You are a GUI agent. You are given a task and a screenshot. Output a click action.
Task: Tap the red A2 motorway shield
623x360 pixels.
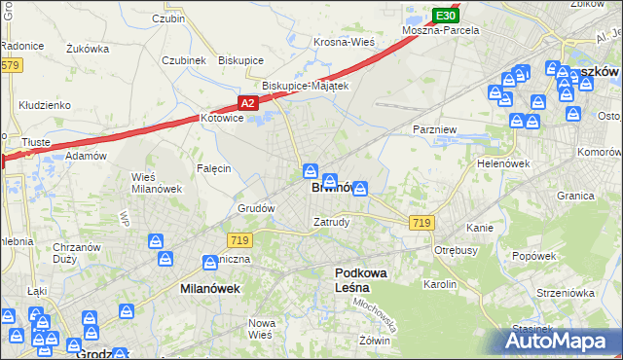(247, 102)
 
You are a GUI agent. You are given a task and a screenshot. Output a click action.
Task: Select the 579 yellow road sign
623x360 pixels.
(10, 65)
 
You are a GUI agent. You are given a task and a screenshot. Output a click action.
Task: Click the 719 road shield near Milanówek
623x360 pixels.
(240, 238)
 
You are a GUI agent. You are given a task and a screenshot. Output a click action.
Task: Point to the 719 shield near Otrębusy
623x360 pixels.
(421, 223)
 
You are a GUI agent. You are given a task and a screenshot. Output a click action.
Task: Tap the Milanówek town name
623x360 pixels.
(210, 289)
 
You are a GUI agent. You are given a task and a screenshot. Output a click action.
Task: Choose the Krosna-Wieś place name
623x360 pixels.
(344, 43)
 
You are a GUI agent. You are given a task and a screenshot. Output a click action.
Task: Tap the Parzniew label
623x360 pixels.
(431, 128)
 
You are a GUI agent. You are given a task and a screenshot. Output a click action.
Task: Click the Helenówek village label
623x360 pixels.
(502, 163)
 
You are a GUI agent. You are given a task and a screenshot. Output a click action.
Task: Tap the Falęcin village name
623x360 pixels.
(213, 168)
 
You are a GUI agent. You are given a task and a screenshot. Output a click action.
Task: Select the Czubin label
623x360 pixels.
(168, 18)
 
